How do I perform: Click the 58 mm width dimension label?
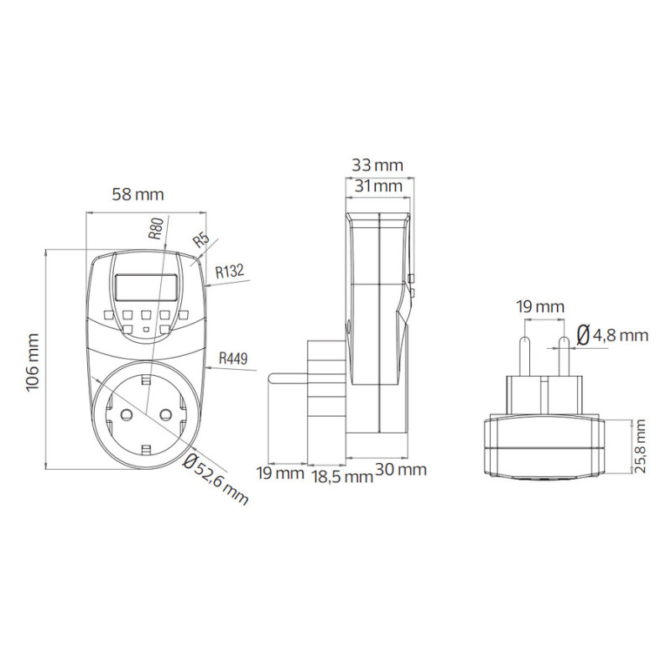[138, 195]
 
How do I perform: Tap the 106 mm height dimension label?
[33, 362]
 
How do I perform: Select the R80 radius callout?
[156, 228]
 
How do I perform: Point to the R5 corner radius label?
[201, 241]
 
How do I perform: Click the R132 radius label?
[230, 271]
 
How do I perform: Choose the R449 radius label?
[233, 358]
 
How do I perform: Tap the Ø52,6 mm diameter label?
[216, 479]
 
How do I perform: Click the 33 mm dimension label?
[377, 165]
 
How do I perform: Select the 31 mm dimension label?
[379, 186]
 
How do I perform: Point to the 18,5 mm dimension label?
[343, 476]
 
